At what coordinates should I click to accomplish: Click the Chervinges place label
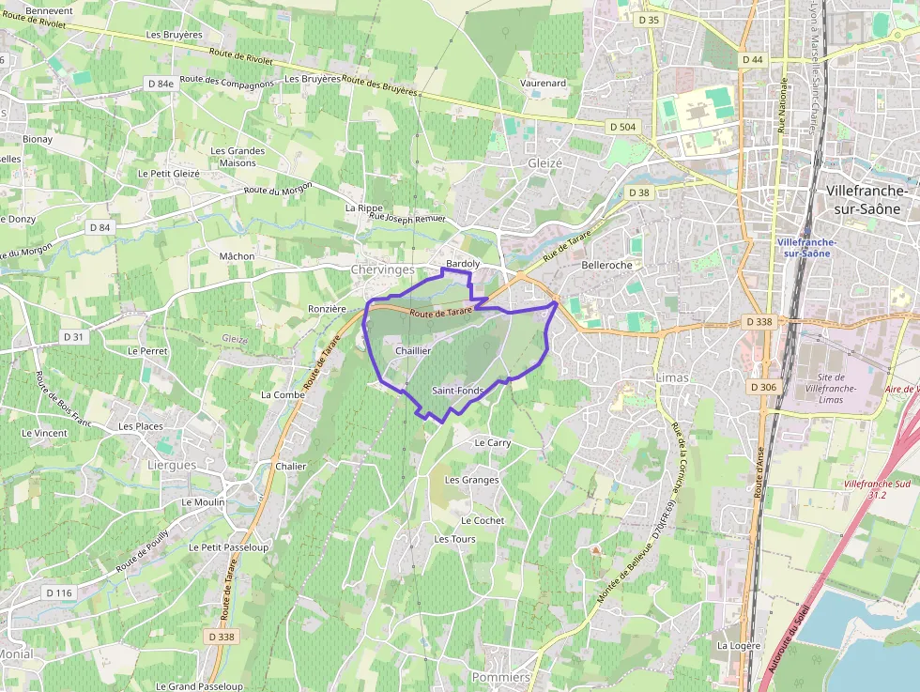(x=382, y=269)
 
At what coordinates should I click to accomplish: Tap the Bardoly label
(x=463, y=264)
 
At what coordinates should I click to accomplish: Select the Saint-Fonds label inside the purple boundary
(x=457, y=390)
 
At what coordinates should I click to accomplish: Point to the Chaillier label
(x=413, y=350)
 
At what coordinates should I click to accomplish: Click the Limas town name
(x=673, y=377)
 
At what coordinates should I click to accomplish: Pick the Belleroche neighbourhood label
(x=607, y=265)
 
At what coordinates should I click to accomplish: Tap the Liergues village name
(x=172, y=465)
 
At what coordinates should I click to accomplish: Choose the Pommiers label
(x=500, y=677)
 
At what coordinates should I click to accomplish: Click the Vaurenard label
(x=544, y=83)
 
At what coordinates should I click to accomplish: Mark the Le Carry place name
(x=493, y=442)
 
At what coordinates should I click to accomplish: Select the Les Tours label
(x=454, y=539)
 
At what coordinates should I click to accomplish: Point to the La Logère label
(x=738, y=646)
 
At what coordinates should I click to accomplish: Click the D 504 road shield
(x=622, y=127)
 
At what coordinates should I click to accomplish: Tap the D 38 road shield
(x=638, y=192)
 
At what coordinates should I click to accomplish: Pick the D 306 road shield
(x=764, y=387)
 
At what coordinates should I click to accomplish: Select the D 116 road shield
(x=58, y=592)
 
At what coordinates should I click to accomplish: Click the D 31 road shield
(x=73, y=336)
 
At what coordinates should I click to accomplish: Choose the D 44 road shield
(x=752, y=59)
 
